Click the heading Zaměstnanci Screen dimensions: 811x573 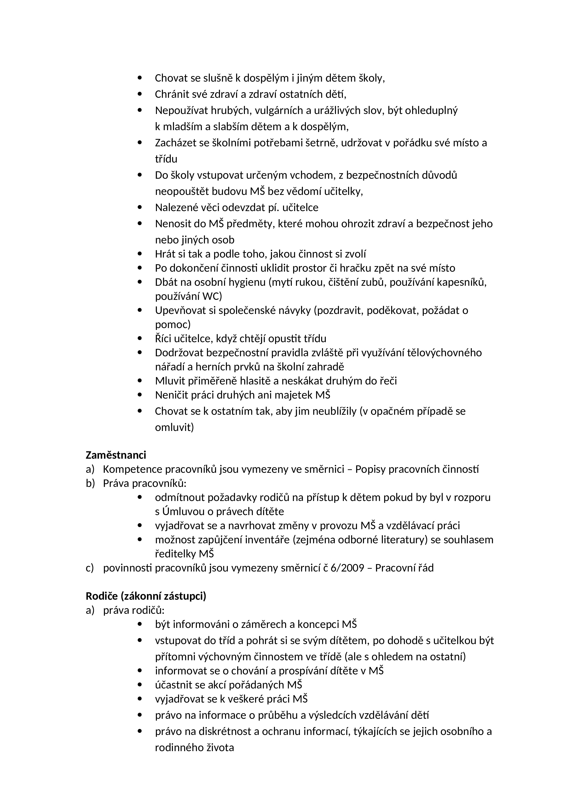pos(116,455)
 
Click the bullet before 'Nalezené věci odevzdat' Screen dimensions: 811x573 pos(140,207)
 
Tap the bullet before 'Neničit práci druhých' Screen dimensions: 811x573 pos(140,395)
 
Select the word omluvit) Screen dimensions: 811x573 pos(174,427)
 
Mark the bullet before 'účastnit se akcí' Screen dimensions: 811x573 pos(140,685)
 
